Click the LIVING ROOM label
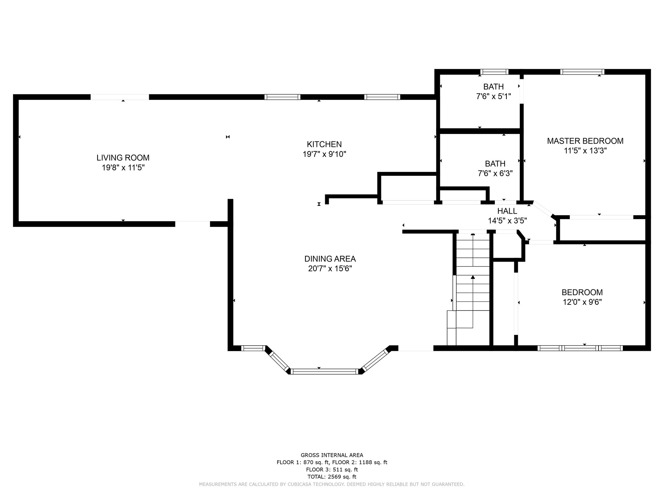(x=123, y=158)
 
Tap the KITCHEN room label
(x=324, y=144)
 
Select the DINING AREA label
(x=330, y=259)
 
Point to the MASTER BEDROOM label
(x=585, y=141)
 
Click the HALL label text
(x=507, y=211)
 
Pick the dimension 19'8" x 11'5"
(x=123, y=168)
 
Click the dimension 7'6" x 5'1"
(x=493, y=96)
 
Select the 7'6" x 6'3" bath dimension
(x=495, y=173)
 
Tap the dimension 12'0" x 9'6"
(x=582, y=302)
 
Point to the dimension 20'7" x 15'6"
(x=330, y=268)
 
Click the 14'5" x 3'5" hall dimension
(x=507, y=221)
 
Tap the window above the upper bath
(x=494, y=72)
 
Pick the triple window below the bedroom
(x=580, y=348)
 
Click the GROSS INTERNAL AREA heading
(x=332, y=455)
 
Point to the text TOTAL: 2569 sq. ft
(x=332, y=477)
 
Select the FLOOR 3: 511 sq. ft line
(x=332, y=469)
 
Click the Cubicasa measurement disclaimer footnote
(x=332, y=484)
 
